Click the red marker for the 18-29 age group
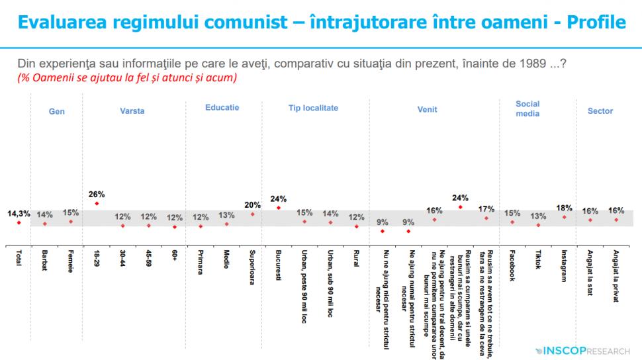97,203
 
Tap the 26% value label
97,195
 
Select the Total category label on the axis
19,259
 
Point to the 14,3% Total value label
19,214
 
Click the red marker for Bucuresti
279,207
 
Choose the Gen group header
57,112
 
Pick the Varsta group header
132,111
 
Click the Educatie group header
222,107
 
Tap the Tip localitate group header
313,107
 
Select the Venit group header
427,111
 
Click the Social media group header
528,109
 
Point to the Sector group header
600,111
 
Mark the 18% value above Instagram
564,208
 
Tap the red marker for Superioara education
253,214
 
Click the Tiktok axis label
538,261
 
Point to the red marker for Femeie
71,222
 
